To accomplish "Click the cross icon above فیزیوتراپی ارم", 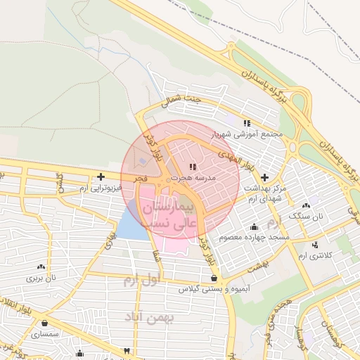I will pos(102,176).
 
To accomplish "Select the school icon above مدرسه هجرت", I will pos(193,167).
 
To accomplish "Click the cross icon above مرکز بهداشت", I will pos(264,177).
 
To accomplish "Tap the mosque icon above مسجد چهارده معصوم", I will pos(254,226).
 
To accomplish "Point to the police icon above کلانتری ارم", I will pos(314,245).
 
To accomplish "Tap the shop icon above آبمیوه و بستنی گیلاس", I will pos(213,278).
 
